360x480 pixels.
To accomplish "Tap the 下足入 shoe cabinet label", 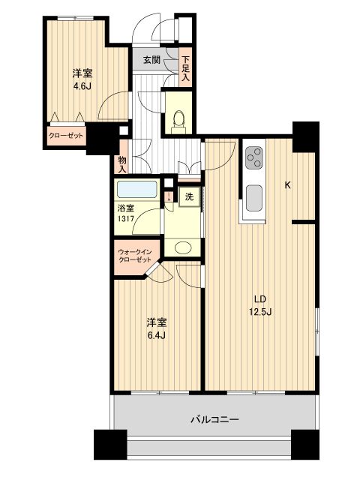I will click(x=186, y=66).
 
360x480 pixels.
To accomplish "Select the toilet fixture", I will click(x=178, y=118).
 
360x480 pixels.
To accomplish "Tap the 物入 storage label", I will click(x=122, y=163).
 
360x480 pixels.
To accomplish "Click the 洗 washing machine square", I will click(x=190, y=196).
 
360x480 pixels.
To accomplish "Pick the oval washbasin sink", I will click(x=182, y=248).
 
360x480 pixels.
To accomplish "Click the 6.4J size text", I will click(x=157, y=334).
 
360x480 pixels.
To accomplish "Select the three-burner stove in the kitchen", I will click(x=254, y=157).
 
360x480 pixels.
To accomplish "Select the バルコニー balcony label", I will click(x=214, y=420).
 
